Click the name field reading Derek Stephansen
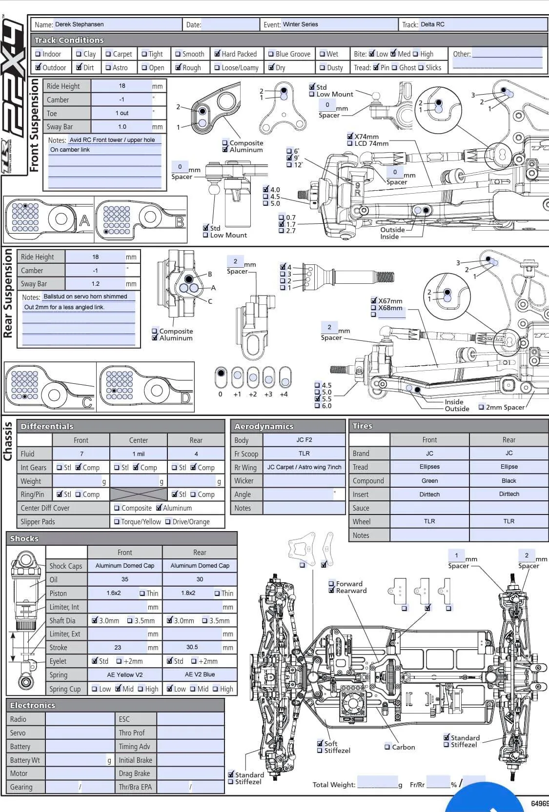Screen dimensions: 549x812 80,24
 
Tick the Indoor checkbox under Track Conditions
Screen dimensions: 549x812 38,54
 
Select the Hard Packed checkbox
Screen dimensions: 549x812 217,54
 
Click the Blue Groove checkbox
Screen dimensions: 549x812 271,54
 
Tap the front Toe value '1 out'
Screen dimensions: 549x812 122,113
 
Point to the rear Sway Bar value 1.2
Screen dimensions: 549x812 95,284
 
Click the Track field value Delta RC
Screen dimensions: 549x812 432,24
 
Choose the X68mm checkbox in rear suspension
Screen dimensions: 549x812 373,308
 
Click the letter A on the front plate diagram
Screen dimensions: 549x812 84,220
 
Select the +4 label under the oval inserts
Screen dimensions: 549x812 284,394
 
